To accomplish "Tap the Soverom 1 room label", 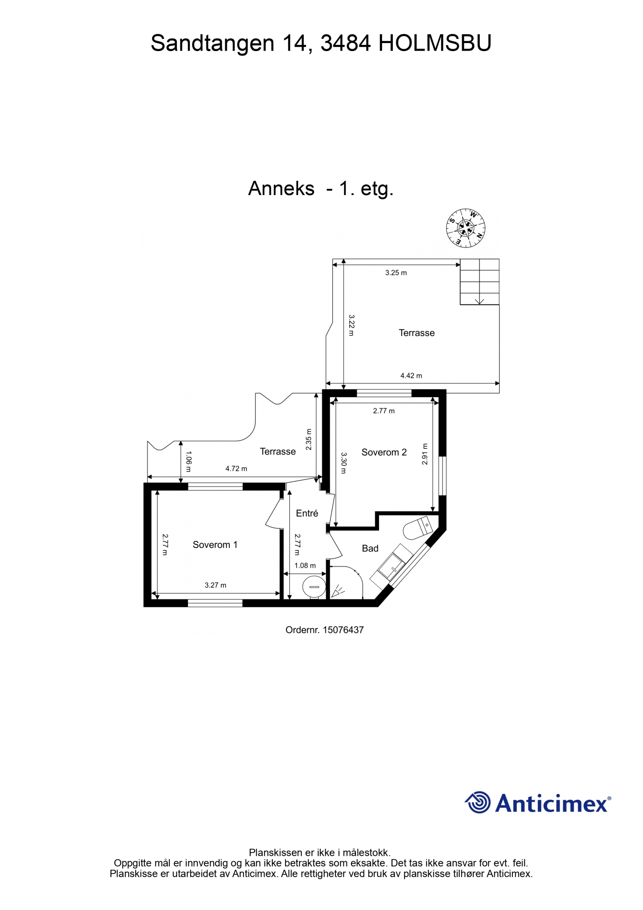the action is [x=215, y=545].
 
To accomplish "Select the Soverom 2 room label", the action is [x=384, y=452].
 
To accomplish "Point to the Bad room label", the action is [x=370, y=548].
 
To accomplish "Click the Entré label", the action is [x=307, y=513].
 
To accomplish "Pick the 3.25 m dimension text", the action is [x=396, y=273].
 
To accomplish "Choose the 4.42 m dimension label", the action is [x=411, y=375].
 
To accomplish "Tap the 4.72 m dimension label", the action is [x=236, y=468].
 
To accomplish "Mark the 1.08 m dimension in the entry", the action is [x=305, y=566].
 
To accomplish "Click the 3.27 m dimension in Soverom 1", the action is [x=216, y=585].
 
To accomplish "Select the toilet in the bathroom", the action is [x=417, y=527].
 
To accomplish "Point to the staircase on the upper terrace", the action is [x=479, y=282].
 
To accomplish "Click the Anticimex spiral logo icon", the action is [x=478, y=802].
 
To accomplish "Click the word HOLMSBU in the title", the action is [x=435, y=44].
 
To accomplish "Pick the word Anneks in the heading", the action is [x=281, y=188].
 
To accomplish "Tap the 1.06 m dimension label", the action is [x=188, y=458].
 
